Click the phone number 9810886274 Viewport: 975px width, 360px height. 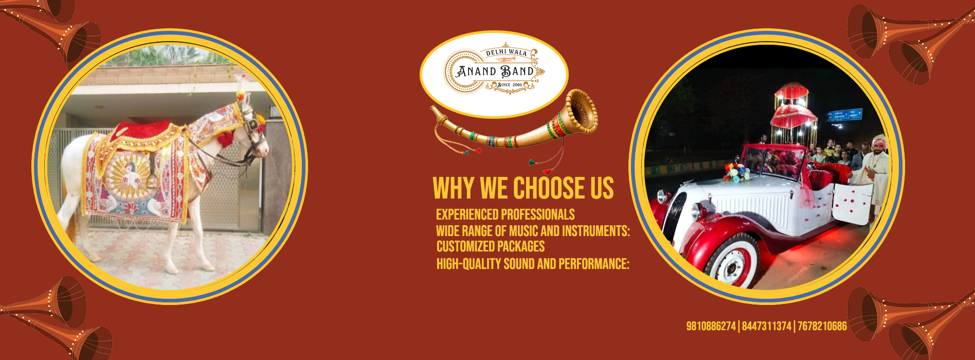pyautogui.click(x=711, y=326)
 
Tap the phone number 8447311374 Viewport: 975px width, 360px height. pyautogui.click(x=767, y=326)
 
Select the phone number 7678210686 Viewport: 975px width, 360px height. pyautogui.click(x=822, y=326)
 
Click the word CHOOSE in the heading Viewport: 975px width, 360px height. pyautogui.click(x=550, y=188)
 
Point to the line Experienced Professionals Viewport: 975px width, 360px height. pyautogui.click(x=505, y=214)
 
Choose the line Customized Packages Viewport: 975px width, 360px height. pyautogui.click(x=491, y=246)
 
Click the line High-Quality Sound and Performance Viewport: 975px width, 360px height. pyautogui.click(x=533, y=264)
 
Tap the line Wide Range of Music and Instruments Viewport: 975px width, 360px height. pyautogui.click(x=533, y=231)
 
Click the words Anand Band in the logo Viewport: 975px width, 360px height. pyautogui.click(x=495, y=71)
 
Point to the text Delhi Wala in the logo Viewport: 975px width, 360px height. pyautogui.click(x=507, y=52)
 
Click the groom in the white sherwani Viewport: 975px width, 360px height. pyautogui.click(x=874, y=175)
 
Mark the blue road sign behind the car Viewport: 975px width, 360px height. pyautogui.click(x=844, y=115)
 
